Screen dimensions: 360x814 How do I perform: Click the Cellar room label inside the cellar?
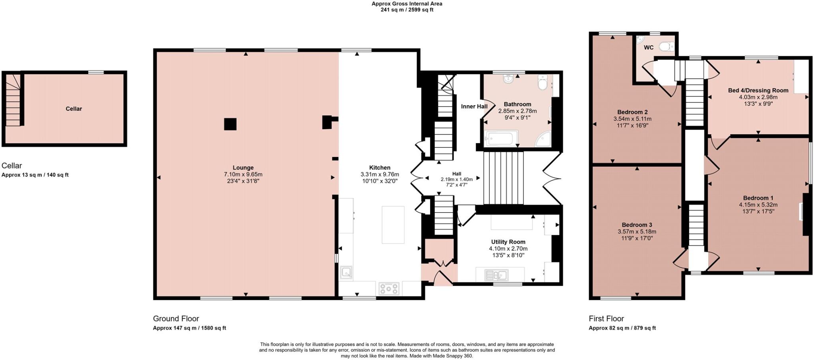pos(74,108)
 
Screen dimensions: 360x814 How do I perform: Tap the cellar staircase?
pos(13,101)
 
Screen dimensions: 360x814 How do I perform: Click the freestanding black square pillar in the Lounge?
pos(230,124)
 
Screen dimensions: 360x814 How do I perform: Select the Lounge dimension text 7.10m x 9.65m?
pos(243,174)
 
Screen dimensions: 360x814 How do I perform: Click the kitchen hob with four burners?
pos(389,288)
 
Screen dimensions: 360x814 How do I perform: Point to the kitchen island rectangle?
pos(393,225)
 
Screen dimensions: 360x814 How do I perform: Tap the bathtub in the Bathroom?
pos(501,139)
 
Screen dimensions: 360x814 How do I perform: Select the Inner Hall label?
pos(474,106)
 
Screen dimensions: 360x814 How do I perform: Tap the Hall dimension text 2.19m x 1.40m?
pos(457,180)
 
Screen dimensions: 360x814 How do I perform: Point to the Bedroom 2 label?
pos(632,112)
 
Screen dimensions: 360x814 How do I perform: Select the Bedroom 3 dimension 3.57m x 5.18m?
pos(637,232)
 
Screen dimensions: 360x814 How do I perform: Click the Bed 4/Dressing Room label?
pos(758,90)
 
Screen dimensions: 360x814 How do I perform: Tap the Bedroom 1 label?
pos(758,198)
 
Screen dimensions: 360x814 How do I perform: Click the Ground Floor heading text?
pos(176,319)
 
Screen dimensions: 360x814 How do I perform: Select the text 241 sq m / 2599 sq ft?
pos(407,10)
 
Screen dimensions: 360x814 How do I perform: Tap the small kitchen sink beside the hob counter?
pos(346,273)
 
